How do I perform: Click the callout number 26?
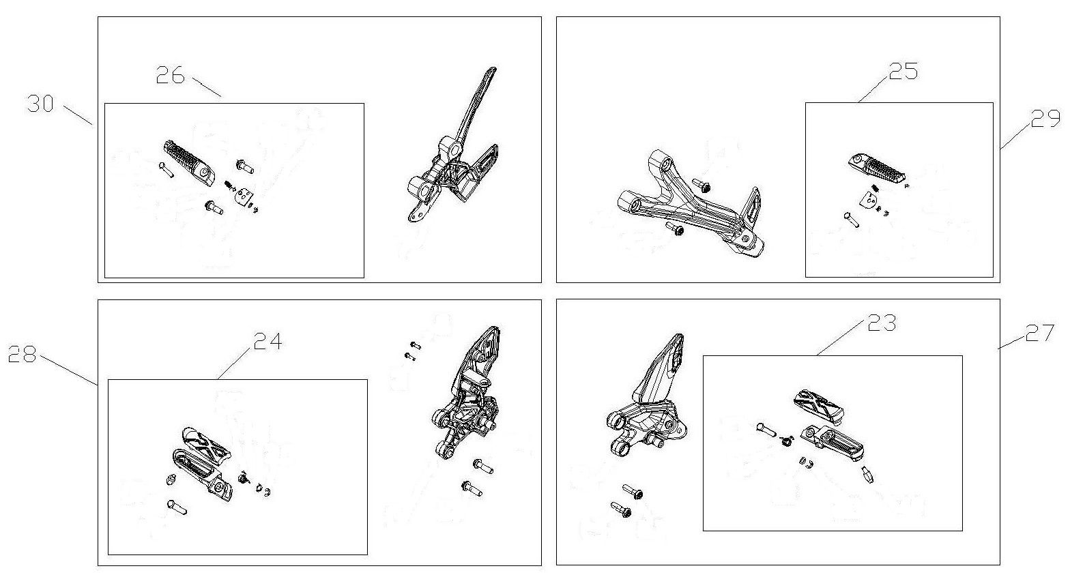click(171, 76)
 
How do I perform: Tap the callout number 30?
click(41, 104)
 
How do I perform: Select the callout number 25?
click(903, 71)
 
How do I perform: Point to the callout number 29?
click(1045, 119)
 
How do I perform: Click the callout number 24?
click(268, 341)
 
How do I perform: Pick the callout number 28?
click(22, 354)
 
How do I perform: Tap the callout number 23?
click(882, 323)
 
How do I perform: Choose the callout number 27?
click(1039, 333)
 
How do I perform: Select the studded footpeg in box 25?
click(877, 168)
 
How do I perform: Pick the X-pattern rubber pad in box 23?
click(819, 406)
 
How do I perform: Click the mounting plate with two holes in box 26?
click(244, 196)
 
